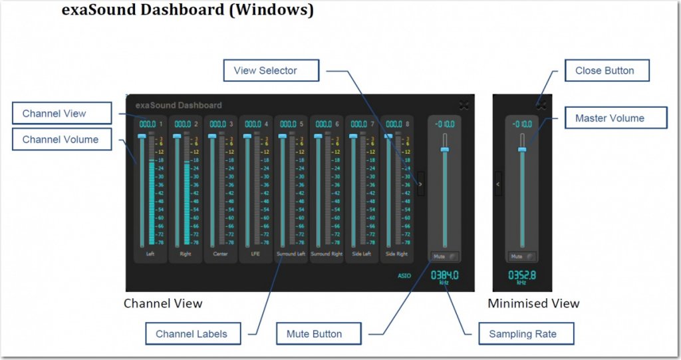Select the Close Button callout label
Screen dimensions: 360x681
tap(605, 71)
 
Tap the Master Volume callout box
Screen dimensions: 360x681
tap(609, 118)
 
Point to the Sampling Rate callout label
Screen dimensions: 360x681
tap(523, 333)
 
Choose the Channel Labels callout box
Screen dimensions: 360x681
tap(191, 334)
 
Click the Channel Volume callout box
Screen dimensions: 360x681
tap(61, 140)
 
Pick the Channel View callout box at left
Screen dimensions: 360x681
tap(55, 114)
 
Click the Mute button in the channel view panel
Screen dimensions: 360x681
tap(444, 256)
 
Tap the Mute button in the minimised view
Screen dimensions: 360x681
tap(521, 256)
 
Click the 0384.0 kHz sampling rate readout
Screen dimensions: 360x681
tap(444, 275)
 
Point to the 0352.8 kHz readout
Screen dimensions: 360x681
tap(521, 275)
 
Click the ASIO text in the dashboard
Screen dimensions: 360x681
tap(404, 274)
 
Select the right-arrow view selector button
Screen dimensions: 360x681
tap(420, 184)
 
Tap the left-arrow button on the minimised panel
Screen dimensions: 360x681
tap(498, 184)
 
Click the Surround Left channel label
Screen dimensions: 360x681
tap(291, 254)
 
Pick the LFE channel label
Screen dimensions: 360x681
tap(256, 254)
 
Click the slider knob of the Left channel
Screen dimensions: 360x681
tap(142, 136)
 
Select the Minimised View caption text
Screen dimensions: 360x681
tap(533, 304)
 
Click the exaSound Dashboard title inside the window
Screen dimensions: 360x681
tap(178, 105)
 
